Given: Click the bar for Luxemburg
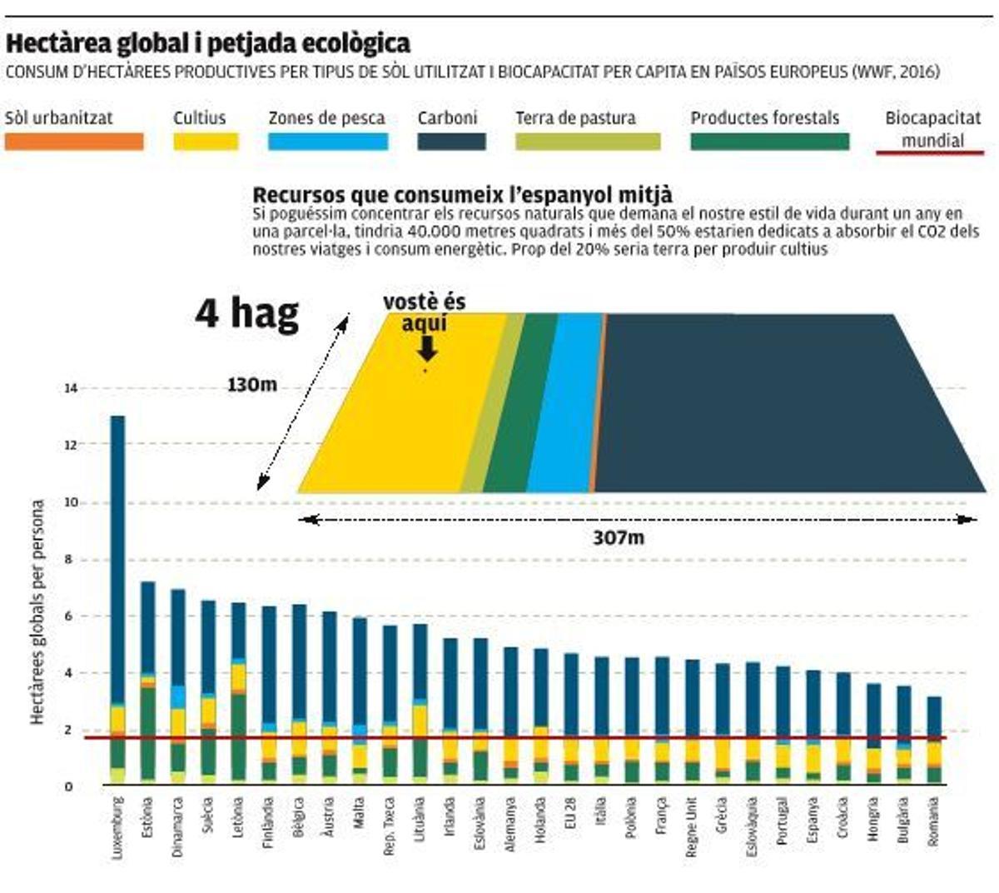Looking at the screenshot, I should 117,600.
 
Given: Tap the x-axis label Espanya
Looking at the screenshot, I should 813,820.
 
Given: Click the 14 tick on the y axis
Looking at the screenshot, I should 70,388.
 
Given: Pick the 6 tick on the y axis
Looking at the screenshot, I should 70,616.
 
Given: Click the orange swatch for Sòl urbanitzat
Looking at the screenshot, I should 73,142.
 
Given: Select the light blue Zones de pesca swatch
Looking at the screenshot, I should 327,142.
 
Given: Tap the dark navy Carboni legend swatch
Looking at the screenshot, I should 451,142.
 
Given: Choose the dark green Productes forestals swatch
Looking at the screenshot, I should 769,142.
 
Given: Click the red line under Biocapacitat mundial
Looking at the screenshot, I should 930,153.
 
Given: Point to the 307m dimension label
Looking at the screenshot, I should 619,538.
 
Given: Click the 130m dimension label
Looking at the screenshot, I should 252,385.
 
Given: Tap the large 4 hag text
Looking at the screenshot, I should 247,313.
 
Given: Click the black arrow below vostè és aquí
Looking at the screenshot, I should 426,347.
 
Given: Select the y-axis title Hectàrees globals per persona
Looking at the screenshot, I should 37,612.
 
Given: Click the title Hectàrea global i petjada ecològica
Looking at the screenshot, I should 208,43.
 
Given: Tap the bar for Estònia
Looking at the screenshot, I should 148,683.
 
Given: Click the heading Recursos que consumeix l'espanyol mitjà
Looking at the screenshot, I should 462,195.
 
